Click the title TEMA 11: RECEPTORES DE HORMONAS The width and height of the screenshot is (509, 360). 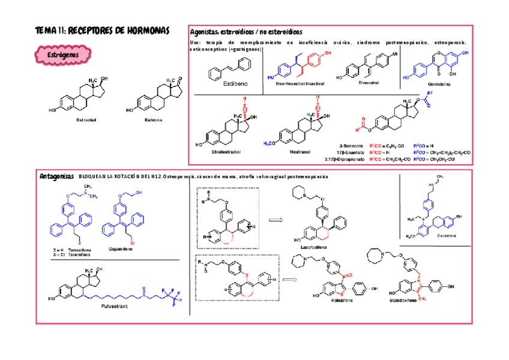coord(103,30)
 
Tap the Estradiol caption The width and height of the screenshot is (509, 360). coord(86,120)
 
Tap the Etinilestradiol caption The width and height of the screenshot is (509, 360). coord(221,152)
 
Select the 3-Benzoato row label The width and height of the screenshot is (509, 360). coord(351,146)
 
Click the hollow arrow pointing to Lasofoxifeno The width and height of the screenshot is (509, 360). coord(274,220)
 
